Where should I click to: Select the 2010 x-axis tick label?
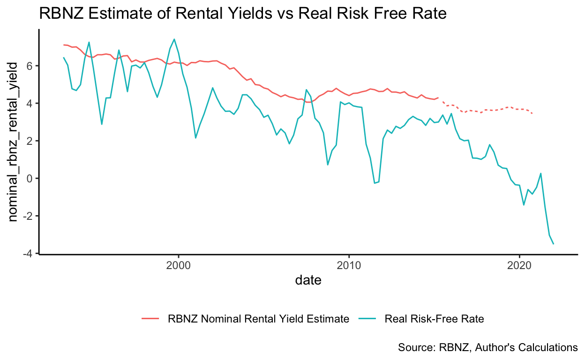[x=348, y=265]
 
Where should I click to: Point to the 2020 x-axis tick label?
[x=519, y=265]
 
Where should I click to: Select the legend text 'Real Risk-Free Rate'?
[x=434, y=319]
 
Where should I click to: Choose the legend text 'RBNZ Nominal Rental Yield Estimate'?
[x=258, y=319]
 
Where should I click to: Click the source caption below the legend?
[x=487, y=347]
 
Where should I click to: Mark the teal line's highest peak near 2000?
[x=174, y=39]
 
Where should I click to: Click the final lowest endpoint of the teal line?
[x=554, y=244]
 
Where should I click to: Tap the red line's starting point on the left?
[x=64, y=45]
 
